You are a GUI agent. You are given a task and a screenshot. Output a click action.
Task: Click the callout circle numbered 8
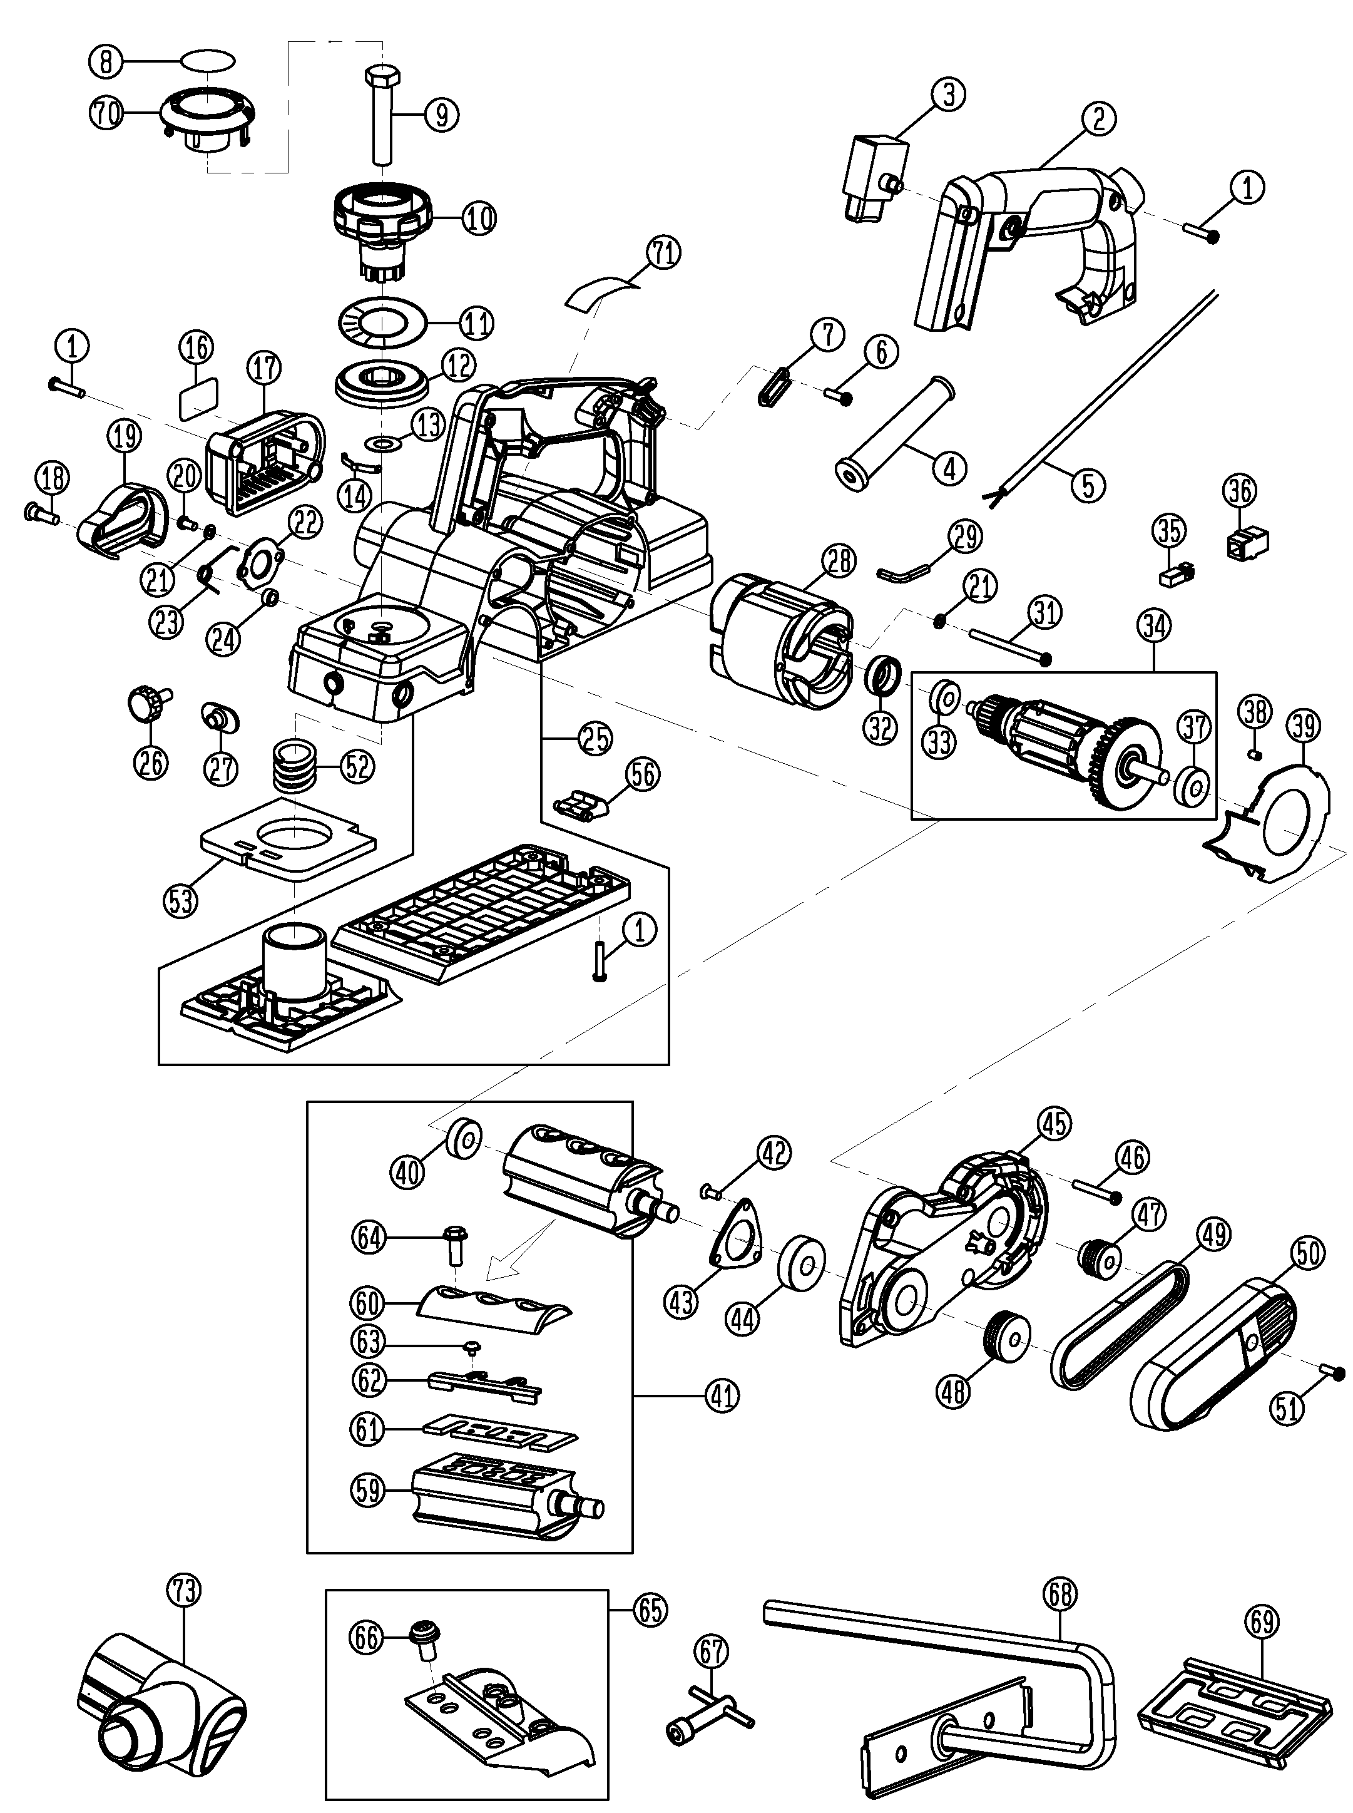[x=106, y=61]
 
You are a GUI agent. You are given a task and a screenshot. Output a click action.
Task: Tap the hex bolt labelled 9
[x=383, y=115]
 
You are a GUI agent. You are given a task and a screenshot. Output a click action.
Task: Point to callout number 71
[x=663, y=252]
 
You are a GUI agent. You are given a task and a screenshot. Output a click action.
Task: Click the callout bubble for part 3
[x=948, y=94]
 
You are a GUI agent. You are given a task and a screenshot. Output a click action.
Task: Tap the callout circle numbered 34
[x=1154, y=627]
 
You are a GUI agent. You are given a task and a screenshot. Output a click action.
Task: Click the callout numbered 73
[x=183, y=1591]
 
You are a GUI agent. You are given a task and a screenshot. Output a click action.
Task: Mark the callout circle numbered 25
[x=595, y=738]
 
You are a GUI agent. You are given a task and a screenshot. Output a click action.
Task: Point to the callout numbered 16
[x=196, y=347]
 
